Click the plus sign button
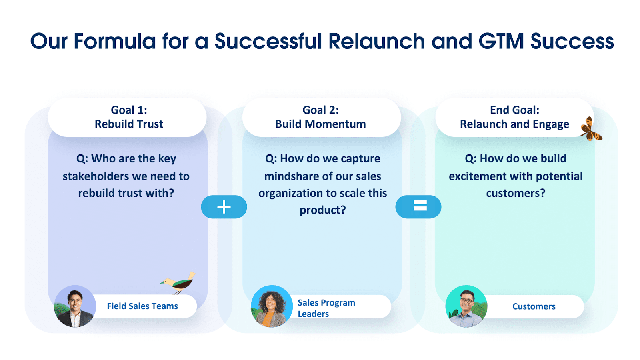pos(224,207)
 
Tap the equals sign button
pos(418,207)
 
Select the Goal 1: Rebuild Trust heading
pos(129,117)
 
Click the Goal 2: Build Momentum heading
pos(320,117)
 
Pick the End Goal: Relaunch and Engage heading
pos(514,117)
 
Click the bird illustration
pos(178,283)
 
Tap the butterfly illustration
pos(590,129)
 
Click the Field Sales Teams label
pos(142,306)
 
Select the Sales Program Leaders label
pos(326,308)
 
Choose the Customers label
pos(534,306)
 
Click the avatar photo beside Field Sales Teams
pos(75,306)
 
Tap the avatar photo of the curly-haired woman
pos(272,306)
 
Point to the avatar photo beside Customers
pos(466,306)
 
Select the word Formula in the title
pos(114,41)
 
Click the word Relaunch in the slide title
pos(376,41)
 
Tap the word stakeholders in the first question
pos(96,176)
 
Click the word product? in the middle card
pos(322,210)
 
